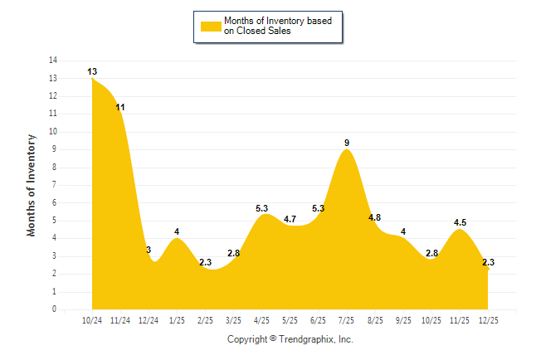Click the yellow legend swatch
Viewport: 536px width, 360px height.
(x=211, y=27)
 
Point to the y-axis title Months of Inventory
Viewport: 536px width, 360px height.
(x=32, y=185)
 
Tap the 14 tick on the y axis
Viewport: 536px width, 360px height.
(x=53, y=61)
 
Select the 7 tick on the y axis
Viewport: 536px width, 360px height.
(x=55, y=185)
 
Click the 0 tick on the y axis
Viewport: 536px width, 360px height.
(x=55, y=309)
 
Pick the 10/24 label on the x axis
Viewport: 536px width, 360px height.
(x=92, y=319)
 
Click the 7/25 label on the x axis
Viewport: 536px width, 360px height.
(x=347, y=319)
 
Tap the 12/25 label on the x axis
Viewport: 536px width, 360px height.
(x=488, y=319)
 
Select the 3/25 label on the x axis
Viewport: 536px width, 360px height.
(x=233, y=319)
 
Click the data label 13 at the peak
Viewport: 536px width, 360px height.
(x=92, y=72)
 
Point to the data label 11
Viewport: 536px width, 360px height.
(x=120, y=108)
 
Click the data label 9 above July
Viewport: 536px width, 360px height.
(x=347, y=144)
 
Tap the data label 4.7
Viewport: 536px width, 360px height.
(x=290, y=219)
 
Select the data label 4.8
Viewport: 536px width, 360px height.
(x=374, y=217)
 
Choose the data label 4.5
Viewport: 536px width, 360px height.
(x=460, y=222)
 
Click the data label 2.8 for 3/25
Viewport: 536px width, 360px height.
(x=233, y=253)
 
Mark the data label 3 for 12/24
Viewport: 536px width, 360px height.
(x=149, y=250)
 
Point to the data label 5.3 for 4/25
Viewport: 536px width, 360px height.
(x=262, y=208)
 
